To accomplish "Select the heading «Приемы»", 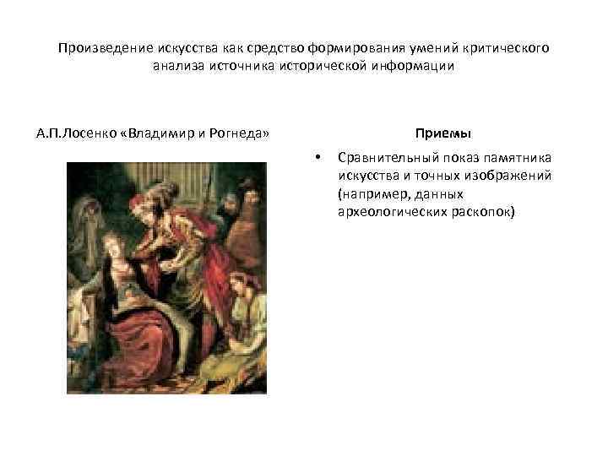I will click(x=442, y=134).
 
